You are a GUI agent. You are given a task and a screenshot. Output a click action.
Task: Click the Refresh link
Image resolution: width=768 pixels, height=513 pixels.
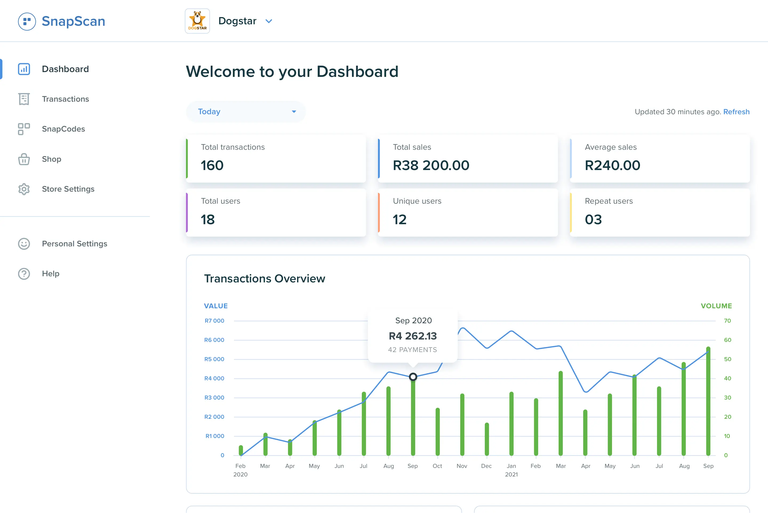pos(736,112)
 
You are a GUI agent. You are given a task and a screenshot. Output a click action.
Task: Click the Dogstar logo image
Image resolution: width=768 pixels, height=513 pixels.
pos(197,21)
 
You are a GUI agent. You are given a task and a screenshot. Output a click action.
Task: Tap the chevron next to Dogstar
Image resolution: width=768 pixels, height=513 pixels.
pos(269,21)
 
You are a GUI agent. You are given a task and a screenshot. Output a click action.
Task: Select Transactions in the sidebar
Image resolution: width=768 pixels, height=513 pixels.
pos(65,99)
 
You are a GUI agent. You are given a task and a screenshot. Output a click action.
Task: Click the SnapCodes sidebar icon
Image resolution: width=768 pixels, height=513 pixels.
pos(24,129)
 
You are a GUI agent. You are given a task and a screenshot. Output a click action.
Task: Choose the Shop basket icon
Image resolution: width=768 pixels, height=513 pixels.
pos(24,159)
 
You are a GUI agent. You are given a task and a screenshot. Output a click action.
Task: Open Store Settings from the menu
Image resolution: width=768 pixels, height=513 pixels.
pos(68,189)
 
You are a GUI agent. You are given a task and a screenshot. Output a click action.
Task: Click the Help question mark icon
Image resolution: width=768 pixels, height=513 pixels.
pos(24,274)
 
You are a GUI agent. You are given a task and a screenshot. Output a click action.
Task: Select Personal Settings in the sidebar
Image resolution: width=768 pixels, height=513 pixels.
pos(74,244)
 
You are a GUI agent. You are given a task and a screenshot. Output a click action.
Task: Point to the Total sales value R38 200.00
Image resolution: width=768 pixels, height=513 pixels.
pos(431,165)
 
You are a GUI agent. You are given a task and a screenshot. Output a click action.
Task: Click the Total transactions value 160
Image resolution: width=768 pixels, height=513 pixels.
pos(212,165)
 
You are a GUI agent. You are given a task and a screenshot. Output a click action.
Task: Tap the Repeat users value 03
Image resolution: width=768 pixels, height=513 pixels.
pos(593,219)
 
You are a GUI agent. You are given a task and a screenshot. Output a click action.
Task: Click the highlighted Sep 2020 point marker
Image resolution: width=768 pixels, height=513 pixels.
pos(413,377)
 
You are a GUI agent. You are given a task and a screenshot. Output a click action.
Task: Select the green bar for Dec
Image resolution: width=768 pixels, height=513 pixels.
pos(487,440)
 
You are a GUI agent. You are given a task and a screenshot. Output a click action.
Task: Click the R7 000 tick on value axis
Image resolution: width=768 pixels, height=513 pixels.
pos(214,321)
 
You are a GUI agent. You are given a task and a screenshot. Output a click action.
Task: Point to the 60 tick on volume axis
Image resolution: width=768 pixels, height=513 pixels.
pos(727,340)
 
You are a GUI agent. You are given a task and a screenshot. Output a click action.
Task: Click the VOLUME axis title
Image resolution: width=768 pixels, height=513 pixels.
pos(716,306)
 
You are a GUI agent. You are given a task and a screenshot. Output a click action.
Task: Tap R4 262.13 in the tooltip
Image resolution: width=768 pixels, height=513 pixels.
pos(413,336)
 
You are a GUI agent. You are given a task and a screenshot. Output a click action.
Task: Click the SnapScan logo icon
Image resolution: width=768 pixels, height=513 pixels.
pos(27,22)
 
